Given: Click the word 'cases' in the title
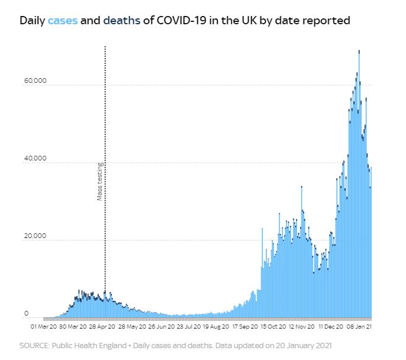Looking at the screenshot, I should [62, 21].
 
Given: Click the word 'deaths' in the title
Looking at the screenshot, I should [121, 21].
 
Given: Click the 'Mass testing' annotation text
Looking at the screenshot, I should [100, 182].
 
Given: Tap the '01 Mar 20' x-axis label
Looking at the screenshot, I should [44, 326].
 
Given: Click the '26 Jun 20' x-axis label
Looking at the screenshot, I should [160, 326].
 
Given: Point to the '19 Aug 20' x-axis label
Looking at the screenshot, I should [216, 326].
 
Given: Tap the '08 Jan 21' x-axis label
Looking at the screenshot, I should [360, 326].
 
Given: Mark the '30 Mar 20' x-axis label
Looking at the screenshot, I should [73, 326].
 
